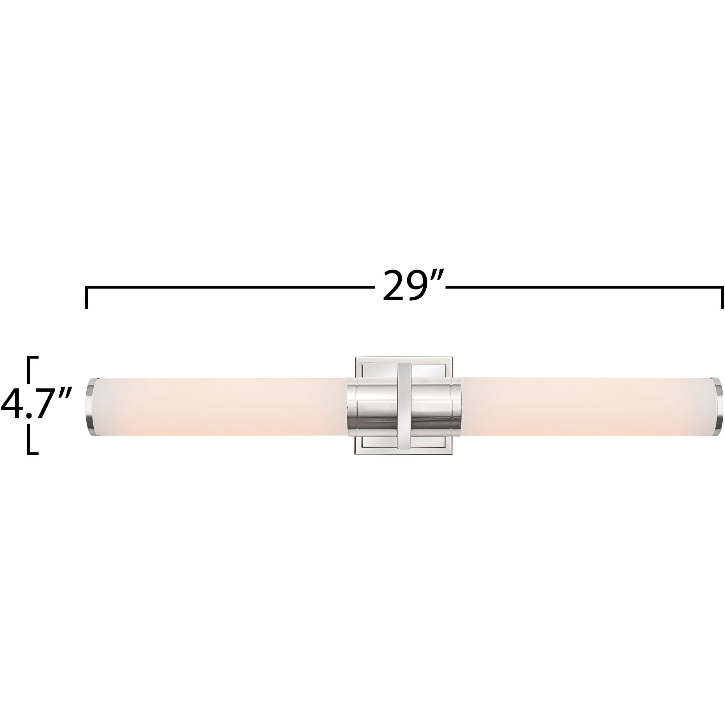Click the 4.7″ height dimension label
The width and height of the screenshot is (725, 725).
click(37, 405)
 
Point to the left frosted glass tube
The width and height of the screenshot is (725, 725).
click(218, 405)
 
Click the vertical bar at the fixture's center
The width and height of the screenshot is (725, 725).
click(404, 405)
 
